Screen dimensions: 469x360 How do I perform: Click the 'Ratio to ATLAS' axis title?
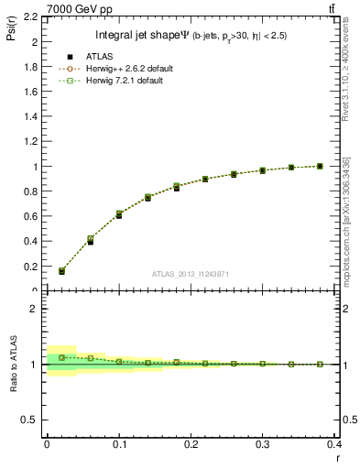pyautogui.click(x=12, y=365)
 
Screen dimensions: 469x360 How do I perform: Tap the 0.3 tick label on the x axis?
pyautogui.click(x=263, y=445)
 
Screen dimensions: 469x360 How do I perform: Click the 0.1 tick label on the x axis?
pyautogui.click(x=119, y=445)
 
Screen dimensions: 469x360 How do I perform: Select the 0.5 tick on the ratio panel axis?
pyautogui.click(x=32, y=420)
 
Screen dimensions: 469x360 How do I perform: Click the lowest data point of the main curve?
pyautogui.click(x=62, y=271)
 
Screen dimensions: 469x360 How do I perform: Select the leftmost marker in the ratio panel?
pyautogui.click(x=62, y=357)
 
